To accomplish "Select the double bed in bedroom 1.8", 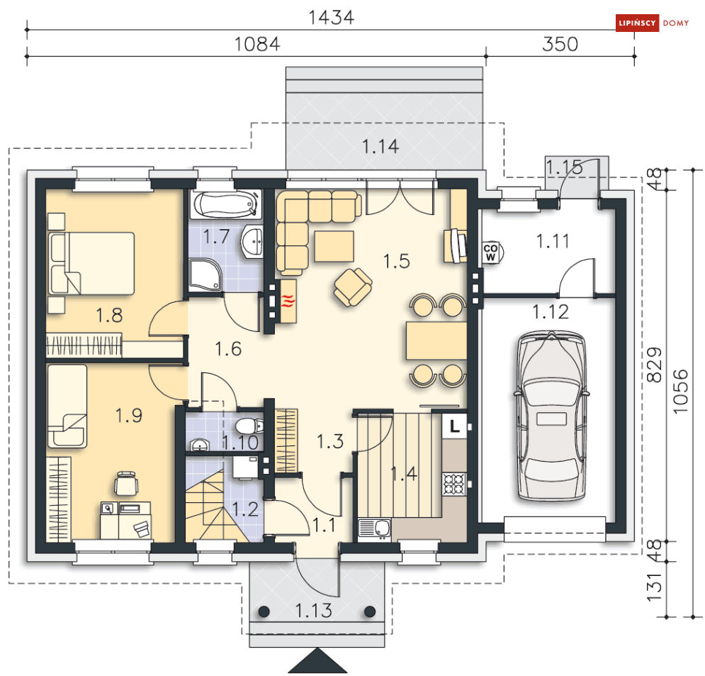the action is pyautogui.click(x=91, y=263).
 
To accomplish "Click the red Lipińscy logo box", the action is pyautogui.click(x=638, y=23).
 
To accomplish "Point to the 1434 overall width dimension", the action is pyautogui.click(x=332, y=17).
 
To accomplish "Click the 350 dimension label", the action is pyautogui.click(x=560, y=44).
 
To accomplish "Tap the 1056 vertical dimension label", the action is pyautogui.click(x=681, y=391).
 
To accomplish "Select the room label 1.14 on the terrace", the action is pyautogui.click(x=380, y=147).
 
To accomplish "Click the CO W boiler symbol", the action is pyautogui.click(x=492, y=253).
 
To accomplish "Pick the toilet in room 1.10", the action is pyautogui.click(x=249, y=426).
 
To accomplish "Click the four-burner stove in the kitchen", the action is pyautogui.click(x=453, y=484).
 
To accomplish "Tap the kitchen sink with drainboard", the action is pyautogui.click(x=375, y=529).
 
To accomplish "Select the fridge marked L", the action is pyautogui.click(x=455, y=426).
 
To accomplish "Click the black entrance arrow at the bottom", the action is pyautogui.click(x=317, y=663).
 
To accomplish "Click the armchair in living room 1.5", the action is pyautogui.click(x=353, y=287).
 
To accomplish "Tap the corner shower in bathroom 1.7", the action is pyautogui.click(x=205, y=275).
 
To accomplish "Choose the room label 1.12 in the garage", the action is pyautogui.click(x=551, y=312).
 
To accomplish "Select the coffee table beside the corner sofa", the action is pyautogui.click(x=334, y=246).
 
